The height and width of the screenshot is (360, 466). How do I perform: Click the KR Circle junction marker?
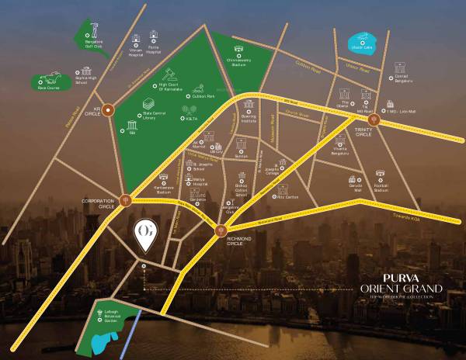110,109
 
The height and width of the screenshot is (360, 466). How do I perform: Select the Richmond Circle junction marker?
221,230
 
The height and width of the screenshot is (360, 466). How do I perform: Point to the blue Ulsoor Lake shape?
361,40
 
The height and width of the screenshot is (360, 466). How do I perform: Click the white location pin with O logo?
144,236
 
